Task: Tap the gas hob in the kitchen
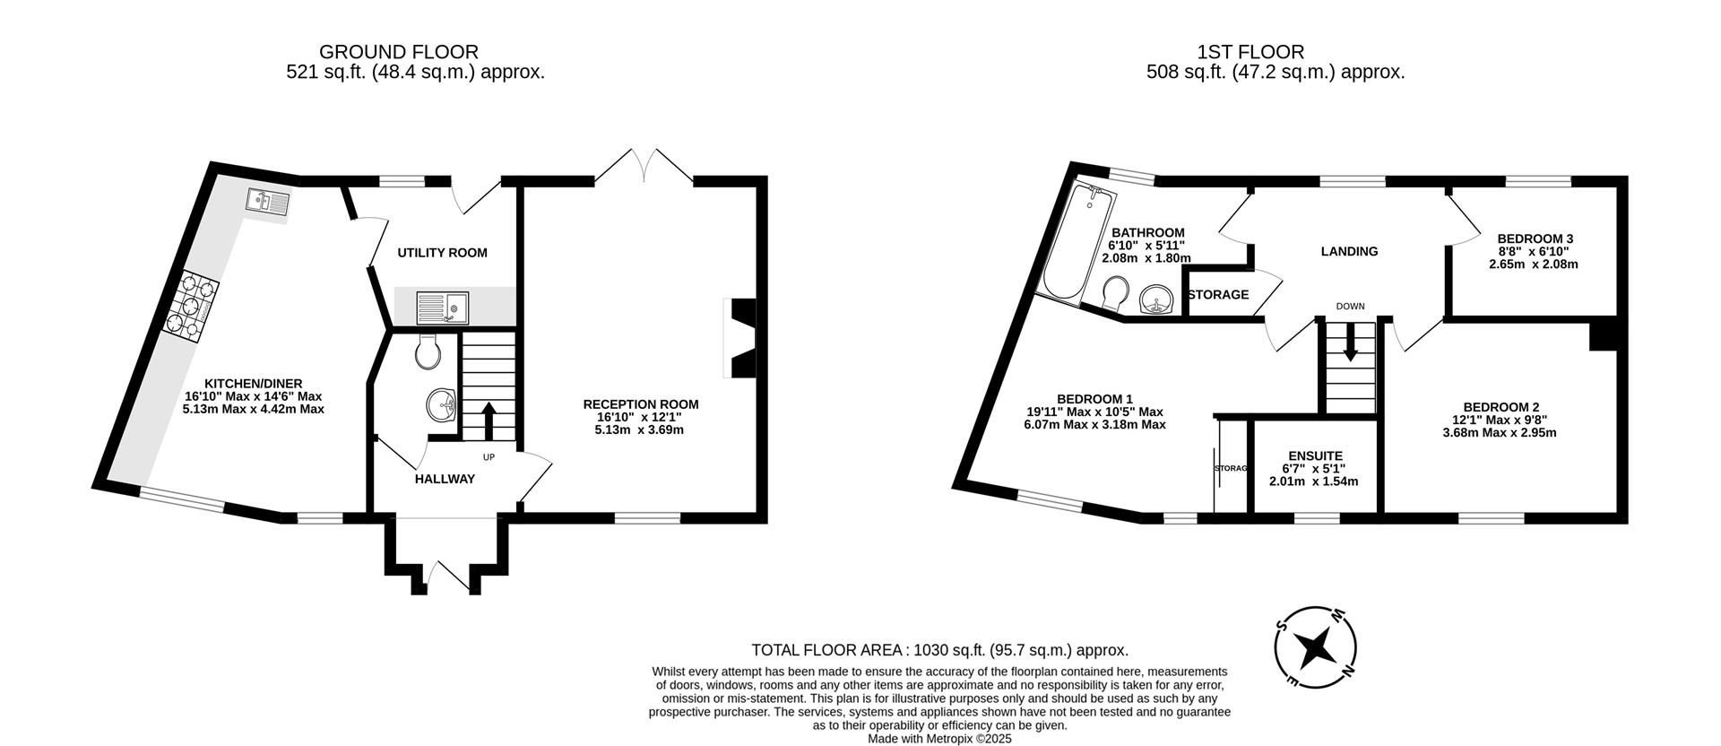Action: (190, 308)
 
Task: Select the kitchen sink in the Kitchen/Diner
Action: (265, 204)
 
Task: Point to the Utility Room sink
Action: (442, 308)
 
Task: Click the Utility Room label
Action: (443, 253)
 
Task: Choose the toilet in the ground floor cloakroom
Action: (428, 351)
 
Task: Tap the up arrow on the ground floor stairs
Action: (489, 421)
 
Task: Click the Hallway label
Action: (445, 480)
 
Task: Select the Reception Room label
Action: (640, 404)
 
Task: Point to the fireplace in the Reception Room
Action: (741, 339)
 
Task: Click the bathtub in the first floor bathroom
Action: (1068, 242)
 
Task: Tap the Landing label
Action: (1349, 252)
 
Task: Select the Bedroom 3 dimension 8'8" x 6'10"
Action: (1534, 252)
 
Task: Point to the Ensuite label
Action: (1315, 455)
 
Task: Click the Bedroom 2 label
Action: (1504, 406)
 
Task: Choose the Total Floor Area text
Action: (939, 651)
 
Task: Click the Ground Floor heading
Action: (399, 52)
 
